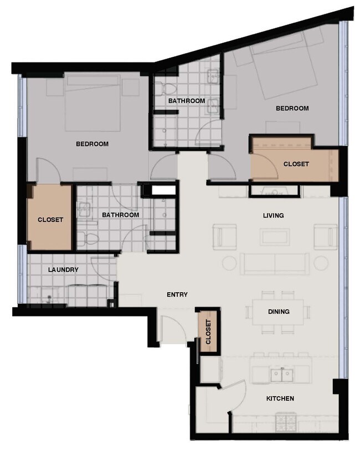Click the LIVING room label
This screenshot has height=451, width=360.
(274, 215)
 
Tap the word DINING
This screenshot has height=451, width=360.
(279, 312)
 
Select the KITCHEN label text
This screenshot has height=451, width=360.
(280, 398)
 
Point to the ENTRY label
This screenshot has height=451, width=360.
(177, 295)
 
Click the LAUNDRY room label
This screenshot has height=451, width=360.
(63, 270)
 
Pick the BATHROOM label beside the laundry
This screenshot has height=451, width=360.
(120, 215)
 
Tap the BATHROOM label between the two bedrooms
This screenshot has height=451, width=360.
(187, 101)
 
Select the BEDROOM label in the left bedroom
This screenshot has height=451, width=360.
(92, 144)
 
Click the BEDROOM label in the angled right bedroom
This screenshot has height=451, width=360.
(292, 108)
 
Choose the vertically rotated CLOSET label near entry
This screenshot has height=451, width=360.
(208, 333)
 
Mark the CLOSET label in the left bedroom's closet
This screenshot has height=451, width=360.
(50, 220)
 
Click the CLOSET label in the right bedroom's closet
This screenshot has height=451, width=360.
(296, 164)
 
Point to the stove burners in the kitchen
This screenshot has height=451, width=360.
(289, 426)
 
